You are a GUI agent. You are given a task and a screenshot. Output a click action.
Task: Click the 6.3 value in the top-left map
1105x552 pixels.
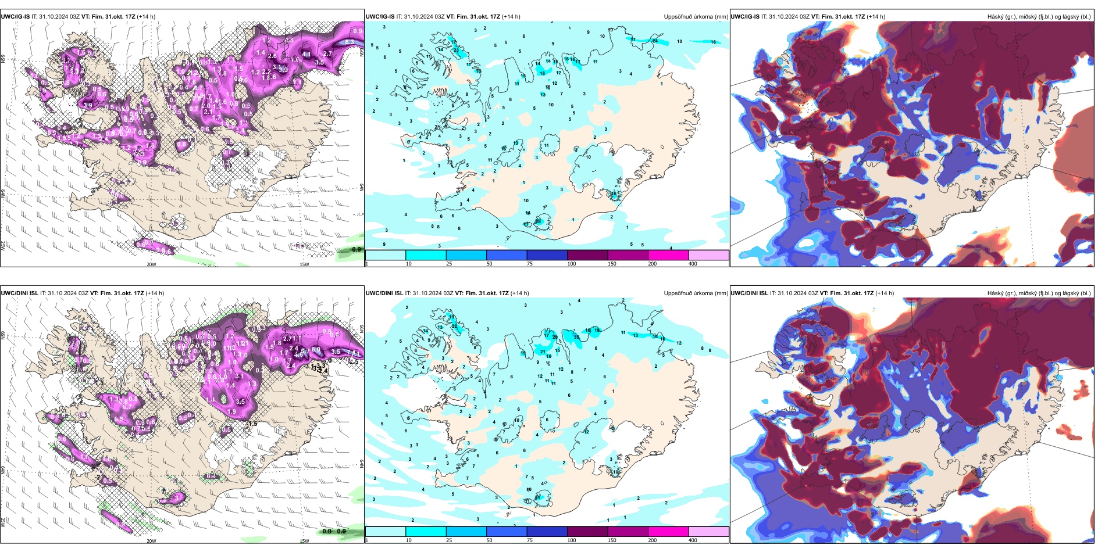click(350, 42)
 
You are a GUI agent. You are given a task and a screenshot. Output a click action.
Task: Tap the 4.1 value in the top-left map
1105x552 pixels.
click(306, 55)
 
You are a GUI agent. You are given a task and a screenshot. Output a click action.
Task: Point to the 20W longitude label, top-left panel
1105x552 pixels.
click(151, 264)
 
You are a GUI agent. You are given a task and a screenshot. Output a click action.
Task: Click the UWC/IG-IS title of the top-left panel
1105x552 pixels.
click(15, 17)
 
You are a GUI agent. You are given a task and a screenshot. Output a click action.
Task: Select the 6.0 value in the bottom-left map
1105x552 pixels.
click(316, 350)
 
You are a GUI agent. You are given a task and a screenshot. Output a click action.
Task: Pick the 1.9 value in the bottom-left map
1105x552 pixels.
click(231, 412)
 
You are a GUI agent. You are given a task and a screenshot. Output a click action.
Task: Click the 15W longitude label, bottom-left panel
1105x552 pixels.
click(304, 541)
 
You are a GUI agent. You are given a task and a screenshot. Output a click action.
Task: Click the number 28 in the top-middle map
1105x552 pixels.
click(538, 221)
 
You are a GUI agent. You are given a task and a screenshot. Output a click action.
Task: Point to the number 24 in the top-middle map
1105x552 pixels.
click(655, 41)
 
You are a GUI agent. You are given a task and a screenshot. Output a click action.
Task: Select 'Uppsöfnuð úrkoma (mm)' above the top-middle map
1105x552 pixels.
click(696, 17)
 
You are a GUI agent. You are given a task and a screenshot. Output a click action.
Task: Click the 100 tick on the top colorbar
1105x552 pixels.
click(572, 264)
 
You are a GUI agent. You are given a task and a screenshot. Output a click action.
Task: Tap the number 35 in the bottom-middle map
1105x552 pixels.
click(576, 337)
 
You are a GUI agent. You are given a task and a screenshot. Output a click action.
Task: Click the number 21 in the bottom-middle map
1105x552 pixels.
click(543, 352)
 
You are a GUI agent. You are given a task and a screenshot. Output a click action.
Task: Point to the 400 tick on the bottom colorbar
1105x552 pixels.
click(693, 540)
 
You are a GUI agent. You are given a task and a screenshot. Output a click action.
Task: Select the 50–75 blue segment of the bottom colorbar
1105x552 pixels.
click(506, 532)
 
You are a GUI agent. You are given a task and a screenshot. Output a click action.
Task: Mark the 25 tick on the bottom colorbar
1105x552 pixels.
click(449, 540)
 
